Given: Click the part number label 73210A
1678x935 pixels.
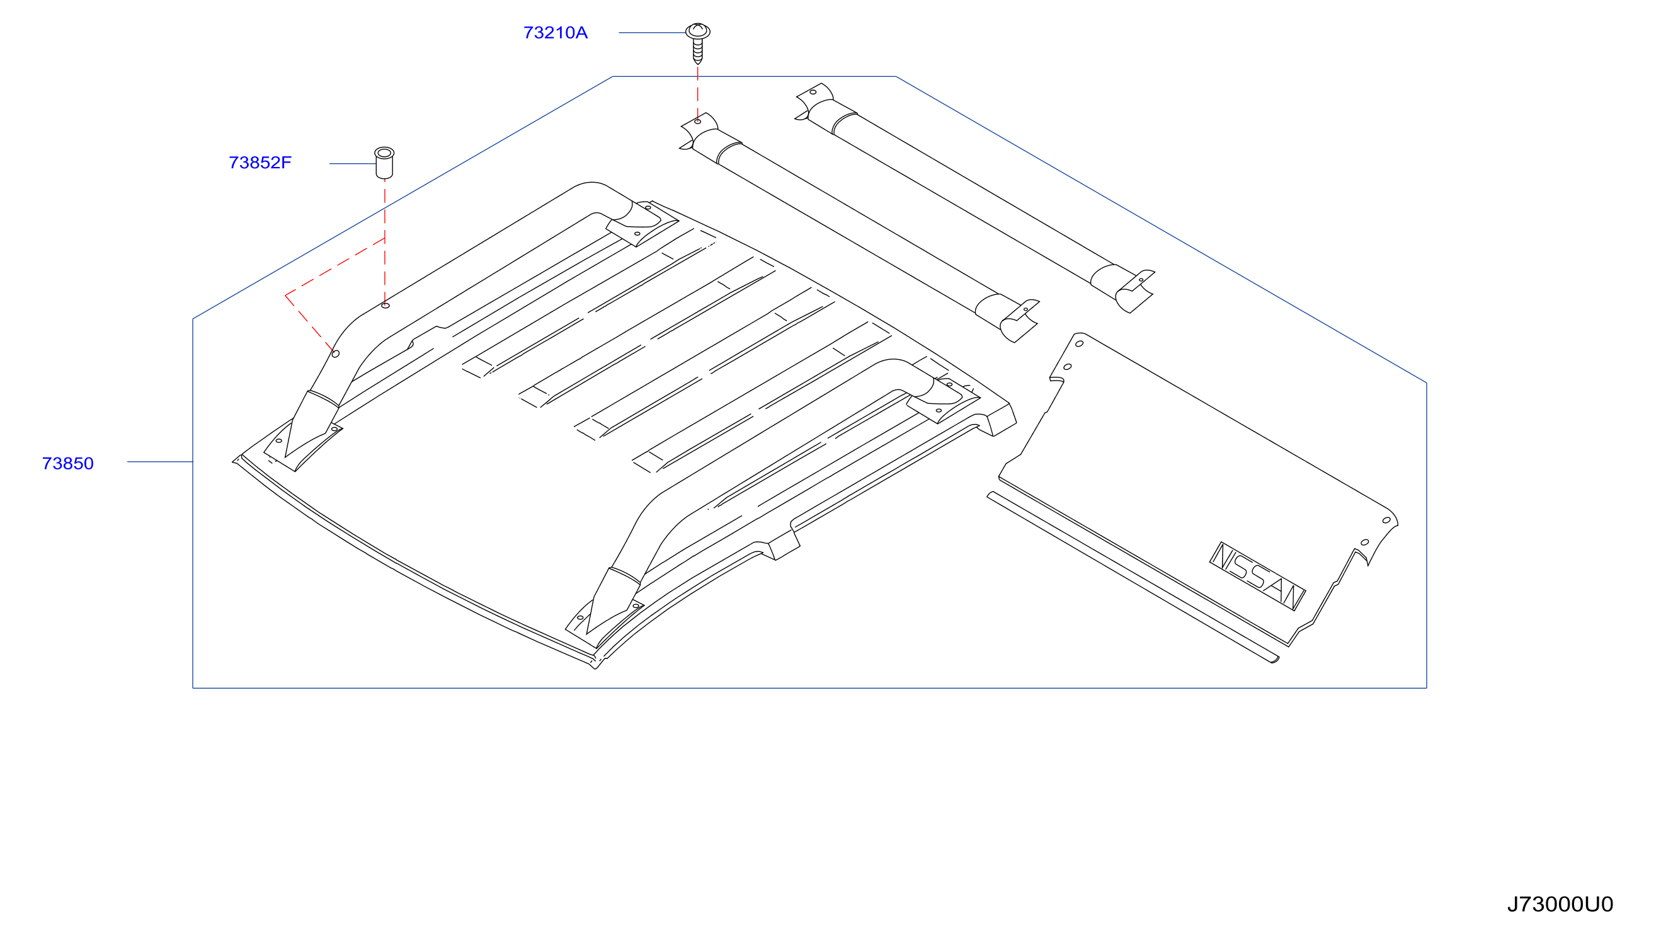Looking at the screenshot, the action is point(555,33).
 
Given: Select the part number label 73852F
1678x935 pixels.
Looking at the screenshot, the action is point(260,163).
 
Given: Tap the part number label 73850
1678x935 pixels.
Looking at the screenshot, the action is point(68,463).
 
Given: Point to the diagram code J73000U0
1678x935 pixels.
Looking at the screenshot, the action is point(1560,903).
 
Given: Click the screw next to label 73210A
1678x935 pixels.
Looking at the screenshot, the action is point(698,43).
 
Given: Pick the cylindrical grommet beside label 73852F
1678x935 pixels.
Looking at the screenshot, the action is point(384,163).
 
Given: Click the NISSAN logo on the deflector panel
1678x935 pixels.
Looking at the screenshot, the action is point(1257,576).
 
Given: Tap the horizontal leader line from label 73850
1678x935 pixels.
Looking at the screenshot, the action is point(160,462).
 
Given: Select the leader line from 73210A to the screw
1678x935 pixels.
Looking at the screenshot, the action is point(652,33).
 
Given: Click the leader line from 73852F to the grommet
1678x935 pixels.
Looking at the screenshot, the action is point(352,164).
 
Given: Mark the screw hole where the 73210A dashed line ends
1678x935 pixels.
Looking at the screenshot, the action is point(698,122).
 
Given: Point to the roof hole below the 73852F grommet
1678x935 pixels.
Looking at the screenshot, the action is point(385,306).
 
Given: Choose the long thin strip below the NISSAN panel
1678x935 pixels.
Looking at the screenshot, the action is point(1132,577).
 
